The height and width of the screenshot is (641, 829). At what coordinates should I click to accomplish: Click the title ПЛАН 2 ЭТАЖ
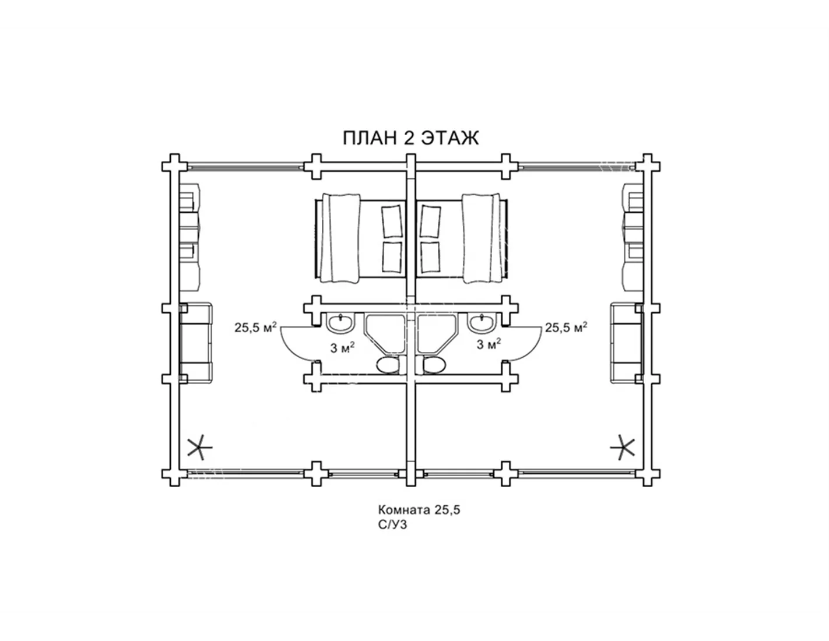pyautogui.click(x=410, y=138)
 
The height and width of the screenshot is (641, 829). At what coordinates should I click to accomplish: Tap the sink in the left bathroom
pyautogui.click(x=340, y=323)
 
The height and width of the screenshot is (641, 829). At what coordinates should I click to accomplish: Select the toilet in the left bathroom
pyautogui.click(x=388, y=366)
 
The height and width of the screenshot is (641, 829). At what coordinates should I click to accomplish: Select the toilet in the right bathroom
pyautogui.click(x=434, y=366)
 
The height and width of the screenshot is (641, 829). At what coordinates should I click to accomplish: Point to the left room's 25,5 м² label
pyautogui.click(x=255, y=327)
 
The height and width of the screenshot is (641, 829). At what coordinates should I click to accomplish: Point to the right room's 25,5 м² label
pyautogui.click(x=565, y=327)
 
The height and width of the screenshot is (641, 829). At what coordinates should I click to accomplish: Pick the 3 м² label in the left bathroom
pyautogui.click(x=342, y=347)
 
